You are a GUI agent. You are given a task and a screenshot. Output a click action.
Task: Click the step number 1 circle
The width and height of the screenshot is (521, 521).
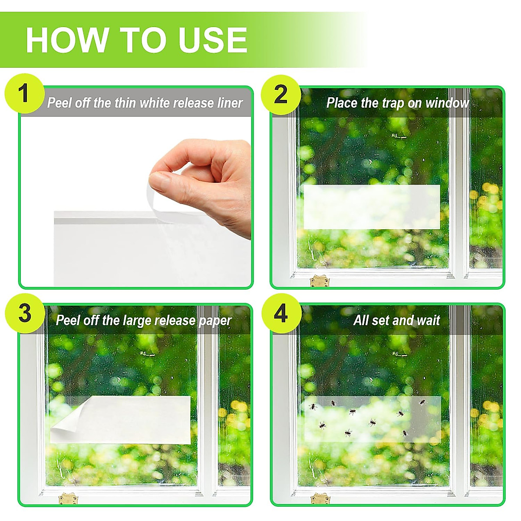click(24, 94)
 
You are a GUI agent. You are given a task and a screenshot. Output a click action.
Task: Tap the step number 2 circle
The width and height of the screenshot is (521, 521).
click(281, 94)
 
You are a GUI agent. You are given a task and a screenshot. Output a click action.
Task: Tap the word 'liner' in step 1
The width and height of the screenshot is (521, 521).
click(230, 103)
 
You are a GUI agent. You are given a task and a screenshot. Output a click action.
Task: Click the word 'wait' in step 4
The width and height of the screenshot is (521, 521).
click(428, 320)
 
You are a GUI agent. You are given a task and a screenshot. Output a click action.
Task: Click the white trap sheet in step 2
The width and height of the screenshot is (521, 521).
click(371, 207)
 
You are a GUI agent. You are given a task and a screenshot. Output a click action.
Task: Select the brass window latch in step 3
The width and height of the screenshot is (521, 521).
click(67, 498)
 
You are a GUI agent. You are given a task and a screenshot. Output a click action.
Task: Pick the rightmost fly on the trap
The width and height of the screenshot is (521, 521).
click(422, 402)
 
